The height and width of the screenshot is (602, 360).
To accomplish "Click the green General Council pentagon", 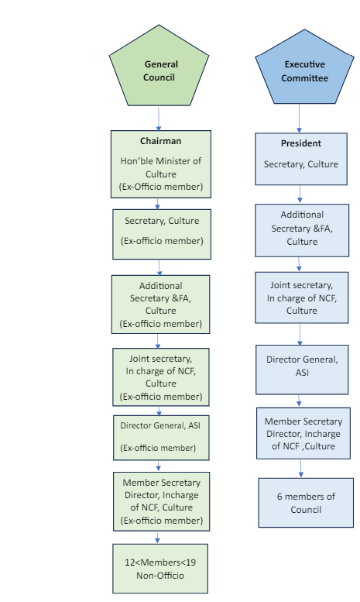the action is (x=159, y=67).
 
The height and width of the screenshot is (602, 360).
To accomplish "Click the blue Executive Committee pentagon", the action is (x=304, y=68).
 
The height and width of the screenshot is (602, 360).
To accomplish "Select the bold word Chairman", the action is (x=160, y=141).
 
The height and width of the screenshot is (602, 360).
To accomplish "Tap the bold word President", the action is (x=301, y=143).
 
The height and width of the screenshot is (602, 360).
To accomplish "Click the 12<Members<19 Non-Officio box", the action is (x=160, y=569).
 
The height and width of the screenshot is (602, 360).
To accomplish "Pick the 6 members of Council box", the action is (x=306, y=503).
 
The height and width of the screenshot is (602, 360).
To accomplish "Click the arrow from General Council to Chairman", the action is (x=159, y=119).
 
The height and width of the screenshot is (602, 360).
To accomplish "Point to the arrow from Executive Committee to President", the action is (x=299, y=119).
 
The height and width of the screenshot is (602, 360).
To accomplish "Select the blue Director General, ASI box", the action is (x=302, y=370).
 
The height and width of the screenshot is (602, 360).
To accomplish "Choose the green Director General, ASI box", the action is (x=161, y=438).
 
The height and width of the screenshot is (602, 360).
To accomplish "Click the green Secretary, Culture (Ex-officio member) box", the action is (x=162, y=234).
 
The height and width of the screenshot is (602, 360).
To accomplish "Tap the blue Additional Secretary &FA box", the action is (x=302, y=230).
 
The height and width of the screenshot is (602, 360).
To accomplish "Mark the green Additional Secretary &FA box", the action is (x=160, y=304).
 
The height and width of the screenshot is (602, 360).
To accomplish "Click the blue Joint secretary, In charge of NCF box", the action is (x=302, y=298).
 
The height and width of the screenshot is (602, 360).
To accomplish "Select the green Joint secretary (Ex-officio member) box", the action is (x=161, y=377).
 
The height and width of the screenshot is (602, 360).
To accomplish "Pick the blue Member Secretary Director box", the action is (x=303, y=433).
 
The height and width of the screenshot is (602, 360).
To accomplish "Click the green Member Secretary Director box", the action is (x=161, y=501).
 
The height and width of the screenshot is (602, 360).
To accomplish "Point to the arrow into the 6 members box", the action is (x=301, y=469).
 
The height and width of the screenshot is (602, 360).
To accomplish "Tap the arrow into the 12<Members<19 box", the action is (x=157, y=538).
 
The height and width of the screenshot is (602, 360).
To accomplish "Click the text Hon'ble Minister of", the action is (x=161, y=161).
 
